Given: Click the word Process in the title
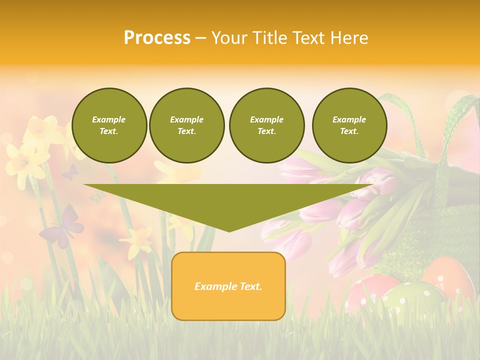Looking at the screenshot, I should click(157, 37).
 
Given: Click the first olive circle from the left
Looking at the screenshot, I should click(109, 125).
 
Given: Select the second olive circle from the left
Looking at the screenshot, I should click(186, 125).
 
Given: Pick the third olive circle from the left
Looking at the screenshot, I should click(266, 125).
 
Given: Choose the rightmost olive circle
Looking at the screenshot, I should click(349, 125).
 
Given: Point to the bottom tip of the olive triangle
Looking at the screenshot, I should click(229, 231).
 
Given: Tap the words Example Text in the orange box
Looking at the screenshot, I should click(228, 286).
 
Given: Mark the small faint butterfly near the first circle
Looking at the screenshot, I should click(70, 172).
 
